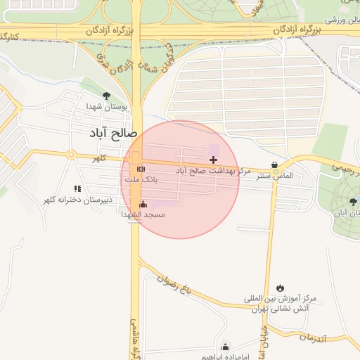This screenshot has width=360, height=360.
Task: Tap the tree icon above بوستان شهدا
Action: [106, 96]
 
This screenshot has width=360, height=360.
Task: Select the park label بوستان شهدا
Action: [108, 108]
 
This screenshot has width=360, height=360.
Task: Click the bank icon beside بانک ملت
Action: [141, 169]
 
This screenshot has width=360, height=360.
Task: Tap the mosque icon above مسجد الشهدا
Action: [143, 205]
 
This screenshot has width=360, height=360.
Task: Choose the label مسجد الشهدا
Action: [143, 214]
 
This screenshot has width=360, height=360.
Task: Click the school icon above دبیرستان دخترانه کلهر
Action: [77, 188]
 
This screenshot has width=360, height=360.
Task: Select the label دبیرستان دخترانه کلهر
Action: [77, 200]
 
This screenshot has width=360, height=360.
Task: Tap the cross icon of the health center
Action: [214, 160]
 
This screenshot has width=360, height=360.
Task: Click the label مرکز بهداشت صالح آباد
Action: [213, 171]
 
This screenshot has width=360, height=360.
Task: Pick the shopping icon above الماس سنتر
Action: [274, 165]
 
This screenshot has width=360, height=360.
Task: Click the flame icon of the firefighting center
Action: [281, 288]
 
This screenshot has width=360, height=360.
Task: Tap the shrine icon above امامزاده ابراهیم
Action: [225, 347]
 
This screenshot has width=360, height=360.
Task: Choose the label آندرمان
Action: [313, 337]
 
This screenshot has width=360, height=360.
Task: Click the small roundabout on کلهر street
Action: [70, 155]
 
